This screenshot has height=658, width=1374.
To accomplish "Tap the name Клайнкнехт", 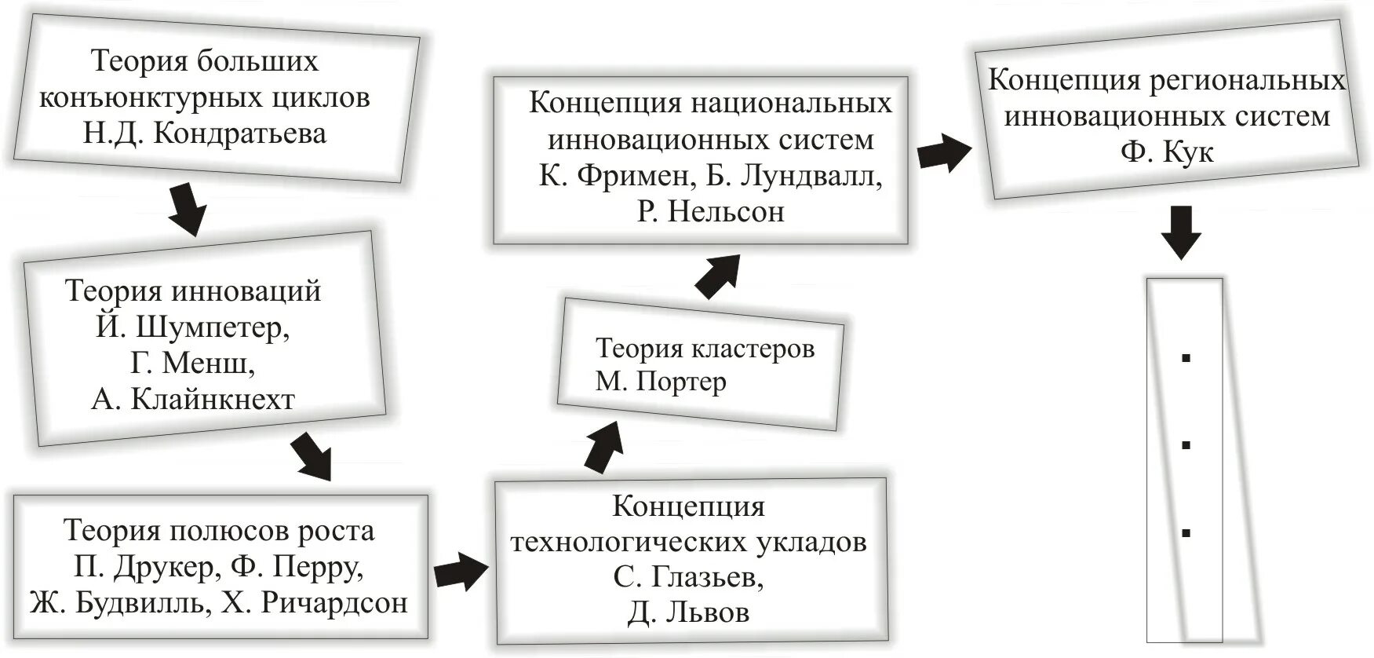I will (213, 400).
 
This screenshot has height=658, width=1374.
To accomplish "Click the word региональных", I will (1248, 81).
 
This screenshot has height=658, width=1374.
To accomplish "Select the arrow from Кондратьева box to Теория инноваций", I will (188, 209).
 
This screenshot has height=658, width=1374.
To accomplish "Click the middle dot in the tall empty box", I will (1186, 445).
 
